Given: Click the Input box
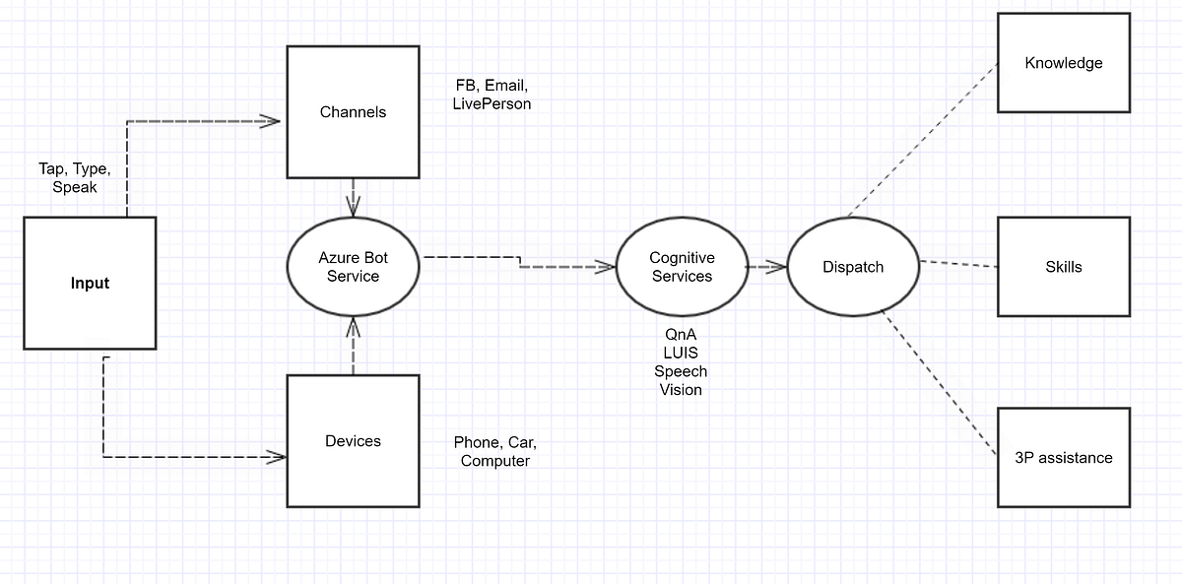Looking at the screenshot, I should pos(90,283).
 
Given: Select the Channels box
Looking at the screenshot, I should pos(353,111).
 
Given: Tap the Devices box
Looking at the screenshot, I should pos(353,440).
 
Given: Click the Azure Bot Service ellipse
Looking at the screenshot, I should pos(353,267).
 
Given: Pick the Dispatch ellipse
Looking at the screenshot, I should pos(853,267).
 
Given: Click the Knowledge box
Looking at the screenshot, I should pos(1063,63).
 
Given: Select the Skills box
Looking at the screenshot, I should pos(1063,267).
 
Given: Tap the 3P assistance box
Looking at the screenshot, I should pos(1063,457).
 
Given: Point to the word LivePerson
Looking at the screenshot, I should pos(492,103).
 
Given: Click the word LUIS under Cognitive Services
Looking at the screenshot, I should pos(681,353).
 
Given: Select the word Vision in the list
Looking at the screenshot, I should pos(681,390).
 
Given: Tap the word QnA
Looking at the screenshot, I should pos(681,335).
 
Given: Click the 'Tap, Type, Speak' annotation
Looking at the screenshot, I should pos(74,177).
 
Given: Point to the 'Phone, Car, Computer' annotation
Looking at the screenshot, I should pos(494,451).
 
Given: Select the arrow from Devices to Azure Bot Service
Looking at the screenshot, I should pos(353,345).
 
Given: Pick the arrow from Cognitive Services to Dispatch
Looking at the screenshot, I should pos(766,266).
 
